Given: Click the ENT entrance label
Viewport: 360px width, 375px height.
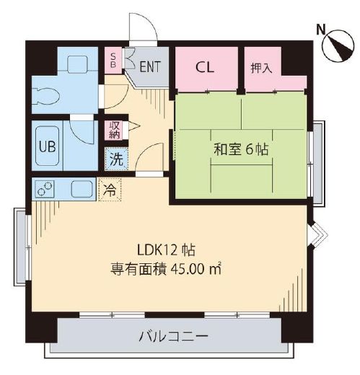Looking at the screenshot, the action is (x=150, y=66).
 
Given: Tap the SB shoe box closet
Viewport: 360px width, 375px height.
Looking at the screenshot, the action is (x=113, y=61).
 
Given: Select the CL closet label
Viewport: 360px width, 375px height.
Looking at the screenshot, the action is (x=205, y=68).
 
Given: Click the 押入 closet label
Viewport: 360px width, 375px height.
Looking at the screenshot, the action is (x=261, y=68).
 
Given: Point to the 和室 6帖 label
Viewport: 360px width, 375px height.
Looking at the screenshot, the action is (x=241, y=149).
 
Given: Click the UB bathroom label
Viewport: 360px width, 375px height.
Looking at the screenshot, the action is (x=48, y=146).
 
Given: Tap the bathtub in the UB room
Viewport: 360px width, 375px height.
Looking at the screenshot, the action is (x=48, y=146).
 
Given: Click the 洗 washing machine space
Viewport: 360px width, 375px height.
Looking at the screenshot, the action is (x=116, y=159).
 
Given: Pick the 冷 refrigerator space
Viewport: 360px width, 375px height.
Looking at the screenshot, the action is (x=110, y=190).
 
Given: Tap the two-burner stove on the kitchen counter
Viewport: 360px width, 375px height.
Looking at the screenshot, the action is (x=45, y=189).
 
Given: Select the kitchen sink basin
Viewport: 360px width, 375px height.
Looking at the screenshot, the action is (x=82, y=189).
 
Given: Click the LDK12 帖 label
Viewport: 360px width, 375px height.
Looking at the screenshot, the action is (x=166, y=250).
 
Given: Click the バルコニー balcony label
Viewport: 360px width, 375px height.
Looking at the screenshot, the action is (x=173, y=337).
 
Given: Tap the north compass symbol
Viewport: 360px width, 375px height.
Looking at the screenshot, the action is (x=338, y=45).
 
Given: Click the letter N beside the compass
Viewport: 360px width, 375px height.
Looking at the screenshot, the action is (x=321, y=30).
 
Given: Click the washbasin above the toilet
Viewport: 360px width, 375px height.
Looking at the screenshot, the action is (x=77, y=64).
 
